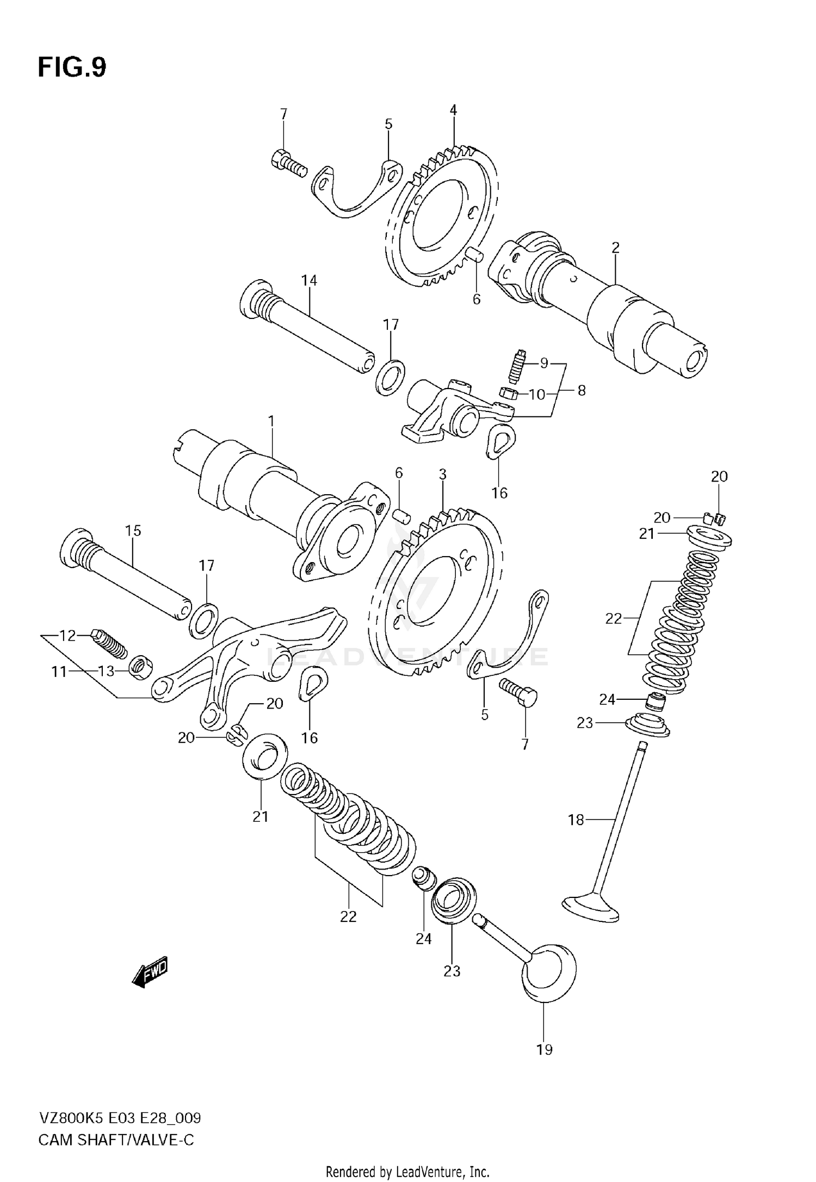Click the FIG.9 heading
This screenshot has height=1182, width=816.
[x=72, y=68]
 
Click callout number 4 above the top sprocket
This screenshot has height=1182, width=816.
[x=453, y=110]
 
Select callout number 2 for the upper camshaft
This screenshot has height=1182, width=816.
[x=615, y=248]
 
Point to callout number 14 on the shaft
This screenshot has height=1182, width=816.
[x=309, y=280]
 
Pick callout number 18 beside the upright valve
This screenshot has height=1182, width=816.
[x=576, y=820]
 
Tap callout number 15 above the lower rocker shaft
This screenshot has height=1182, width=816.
[x=133, y=531]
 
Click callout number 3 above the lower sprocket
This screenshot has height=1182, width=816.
[x=442, y=475]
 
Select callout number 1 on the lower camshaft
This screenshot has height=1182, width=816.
[x=271, y=421]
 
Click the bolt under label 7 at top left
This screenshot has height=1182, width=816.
[x=288, y=162]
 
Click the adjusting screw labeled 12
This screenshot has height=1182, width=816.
[x=109, y=643]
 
